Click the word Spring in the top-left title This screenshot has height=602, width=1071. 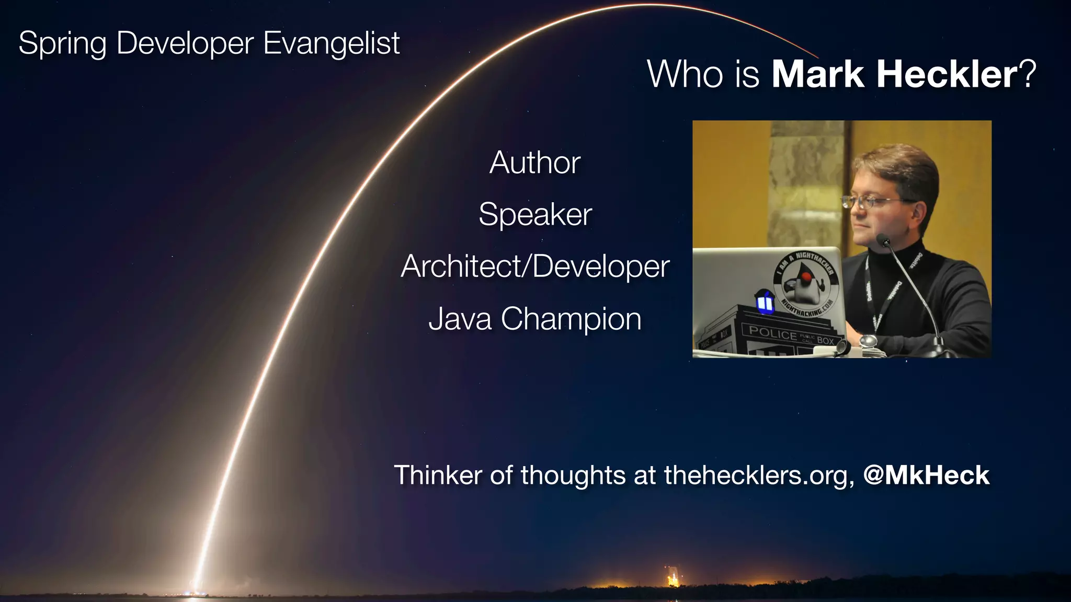tap(62, 43)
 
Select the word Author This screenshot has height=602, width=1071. tap(534, 163)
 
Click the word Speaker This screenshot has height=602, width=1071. tap(535, 214)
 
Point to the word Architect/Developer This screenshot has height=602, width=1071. tap(534, 267)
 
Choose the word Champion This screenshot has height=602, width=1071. tap(571, 319)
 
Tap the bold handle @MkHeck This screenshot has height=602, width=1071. tap(926, 475)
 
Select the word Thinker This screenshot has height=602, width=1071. tap(438, 475)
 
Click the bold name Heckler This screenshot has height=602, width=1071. tap(947, 74)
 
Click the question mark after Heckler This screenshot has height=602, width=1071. tap(1028, 74)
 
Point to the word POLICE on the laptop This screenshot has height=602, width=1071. tap(772, 332)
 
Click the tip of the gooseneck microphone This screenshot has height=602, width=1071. tap(883, 240)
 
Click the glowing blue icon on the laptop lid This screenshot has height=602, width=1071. tap(765, 303)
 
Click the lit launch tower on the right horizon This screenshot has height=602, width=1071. tap(673, 578)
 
